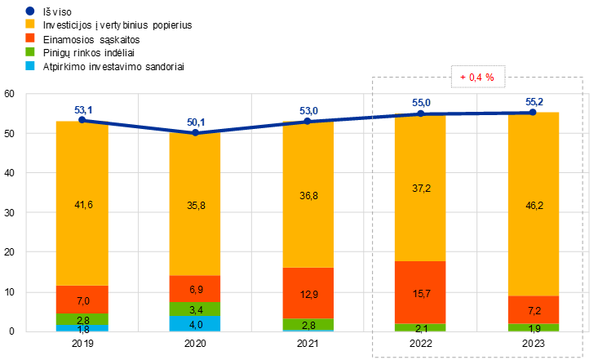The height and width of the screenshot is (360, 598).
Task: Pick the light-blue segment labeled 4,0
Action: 195,324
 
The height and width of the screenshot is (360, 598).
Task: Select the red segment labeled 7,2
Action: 534,311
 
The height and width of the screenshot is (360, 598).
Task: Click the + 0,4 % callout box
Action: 478,77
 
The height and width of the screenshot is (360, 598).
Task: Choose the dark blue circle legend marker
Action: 30,11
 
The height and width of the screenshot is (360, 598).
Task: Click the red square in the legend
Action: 30,38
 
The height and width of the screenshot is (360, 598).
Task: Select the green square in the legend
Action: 30,51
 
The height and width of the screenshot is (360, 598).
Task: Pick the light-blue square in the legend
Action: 30,65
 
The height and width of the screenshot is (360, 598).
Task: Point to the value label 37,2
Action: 421,189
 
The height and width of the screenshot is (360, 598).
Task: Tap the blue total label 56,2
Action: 534,102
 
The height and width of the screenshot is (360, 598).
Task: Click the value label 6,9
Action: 196,290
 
